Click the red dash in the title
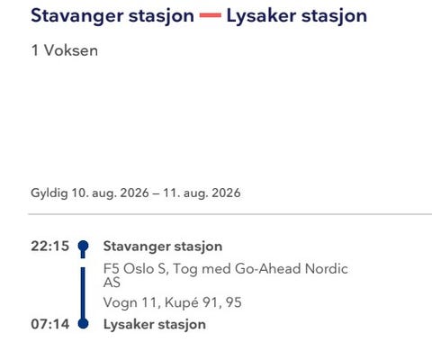click(x=211, y=15)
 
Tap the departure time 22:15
click(x=50, y=246)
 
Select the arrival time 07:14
click(x=50, y=324)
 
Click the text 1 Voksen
click(x=65, y=50)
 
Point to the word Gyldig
click(x=49, y=193)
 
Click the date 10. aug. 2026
click(x=110, y=193)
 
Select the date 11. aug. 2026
click(x=202, y=193)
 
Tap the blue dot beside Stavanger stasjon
click(x=83, y=246)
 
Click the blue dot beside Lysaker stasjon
click(x=83, y=323)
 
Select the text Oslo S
click(x=144, y=269)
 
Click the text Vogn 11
click(x=130, y=302)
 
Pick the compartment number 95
click(x=234, y=302)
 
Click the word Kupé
click(x=182, y=302)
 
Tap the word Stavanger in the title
click(x=77, y=16)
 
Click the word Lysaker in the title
click(x=261, y=16)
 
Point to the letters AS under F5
click(x=112, y=283)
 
